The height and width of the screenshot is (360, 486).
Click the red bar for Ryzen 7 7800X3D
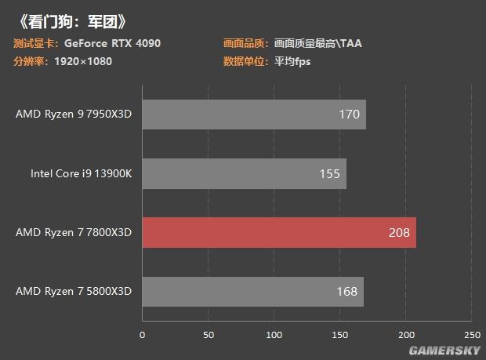pyautogui.click(x=278, y=232)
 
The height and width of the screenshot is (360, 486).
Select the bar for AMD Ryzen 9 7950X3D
pyautogui.click(x=253, y=115)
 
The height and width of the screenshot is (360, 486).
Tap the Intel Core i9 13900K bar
pyautogui.click(x=244, y=173)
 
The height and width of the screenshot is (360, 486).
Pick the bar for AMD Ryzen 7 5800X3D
pyautogui.click(x=252, y=292)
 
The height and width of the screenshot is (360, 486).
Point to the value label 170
pyautogui.click(x=350, y=115)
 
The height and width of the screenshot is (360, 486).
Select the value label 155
pyautogui.click(x=330, y=174)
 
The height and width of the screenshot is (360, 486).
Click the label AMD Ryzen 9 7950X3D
pyautogui.click(x=74, y=115)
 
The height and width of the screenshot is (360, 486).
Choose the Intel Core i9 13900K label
pyautogui.click(x=81, y=173)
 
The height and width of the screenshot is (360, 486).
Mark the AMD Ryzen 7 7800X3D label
pyautogui.click(x=74, y=233)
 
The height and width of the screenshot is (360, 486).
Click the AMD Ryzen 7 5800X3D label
pyautogui.click(x=74, y=292)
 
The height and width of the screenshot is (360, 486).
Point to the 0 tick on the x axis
pyautogui.click(x=142, y=336)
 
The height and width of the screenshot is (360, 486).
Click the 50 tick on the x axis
pyautogui.click(x=208, y=336)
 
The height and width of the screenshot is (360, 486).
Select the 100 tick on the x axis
pyautogui.click(x=274, y=336)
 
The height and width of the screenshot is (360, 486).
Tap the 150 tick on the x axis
pyautogui.click(x=340, y=336)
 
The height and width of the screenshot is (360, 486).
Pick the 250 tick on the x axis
pyautogui.click(x=472, y=336)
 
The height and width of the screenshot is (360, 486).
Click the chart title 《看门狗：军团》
pyautogui.click(x=71, y=20)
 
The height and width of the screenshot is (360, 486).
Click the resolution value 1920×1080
pyautogui.click(x=84, y=61)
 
